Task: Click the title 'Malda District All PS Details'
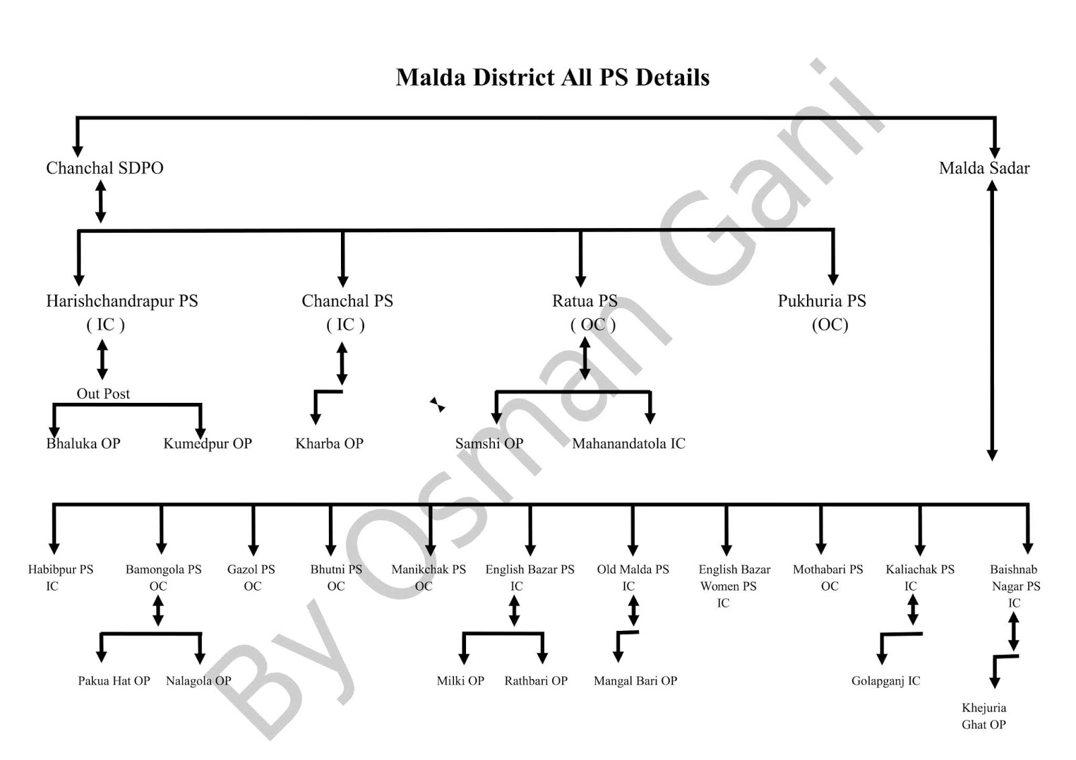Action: point(552,77)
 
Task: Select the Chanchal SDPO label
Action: point(104,168)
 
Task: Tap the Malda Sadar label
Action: point(984,168)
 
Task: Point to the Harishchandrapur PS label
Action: point(122,301)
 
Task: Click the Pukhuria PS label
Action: point(822,301)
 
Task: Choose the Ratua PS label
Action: point(584,301)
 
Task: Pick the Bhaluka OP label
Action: point(83,444)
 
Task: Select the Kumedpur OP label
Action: point(207,444)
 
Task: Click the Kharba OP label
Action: point(329,444)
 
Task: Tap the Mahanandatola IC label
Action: point(629,444)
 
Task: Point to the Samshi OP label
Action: point(489,444)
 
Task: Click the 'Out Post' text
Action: point(103,394)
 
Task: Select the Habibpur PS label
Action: point(61,570)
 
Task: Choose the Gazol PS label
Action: point(251,570)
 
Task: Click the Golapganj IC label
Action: point(886,681)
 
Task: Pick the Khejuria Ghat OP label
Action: point(984,716)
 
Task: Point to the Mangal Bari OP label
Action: point(636,681)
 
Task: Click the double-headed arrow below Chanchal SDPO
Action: point(101,202)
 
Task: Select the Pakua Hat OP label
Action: point(114,681)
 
